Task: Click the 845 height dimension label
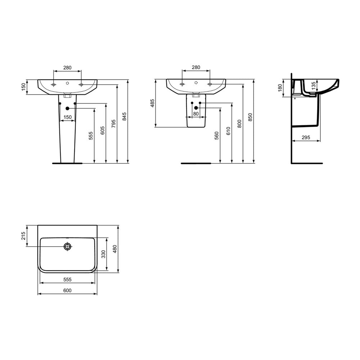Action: point(124,116)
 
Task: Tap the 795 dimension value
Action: point(113,124)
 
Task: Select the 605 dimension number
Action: point(103,130)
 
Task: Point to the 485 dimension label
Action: point(152,103)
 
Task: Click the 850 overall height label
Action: point(250,117)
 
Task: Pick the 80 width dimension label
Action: point(196,114)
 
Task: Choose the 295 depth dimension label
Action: point(306,137)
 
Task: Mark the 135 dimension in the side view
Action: point(314,86)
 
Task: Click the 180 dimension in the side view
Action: point(280,88)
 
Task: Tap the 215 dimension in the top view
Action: point(23,236)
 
